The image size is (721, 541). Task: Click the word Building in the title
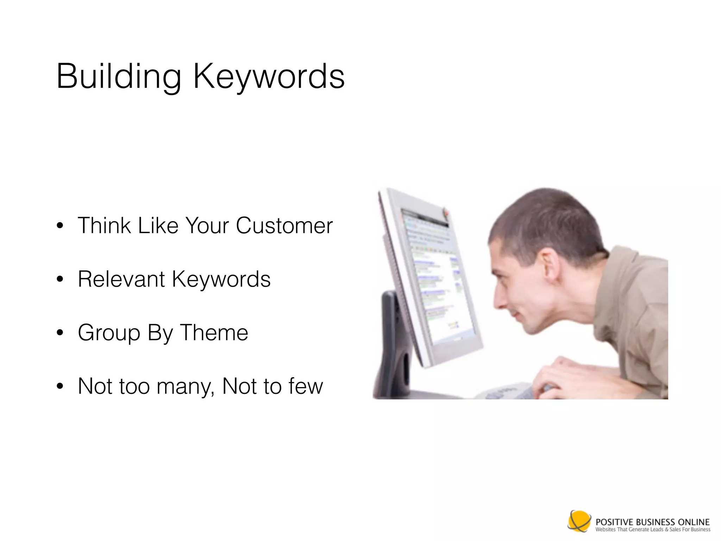point(118,76)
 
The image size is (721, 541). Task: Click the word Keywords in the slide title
point(269,76)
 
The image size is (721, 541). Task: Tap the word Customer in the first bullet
point(284,225)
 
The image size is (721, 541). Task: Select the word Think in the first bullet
point(104,225)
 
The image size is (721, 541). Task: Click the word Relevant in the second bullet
point(121,279)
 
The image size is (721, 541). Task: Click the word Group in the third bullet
point(109,333)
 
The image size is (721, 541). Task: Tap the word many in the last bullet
point(185,387)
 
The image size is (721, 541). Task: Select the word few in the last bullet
point(305,386)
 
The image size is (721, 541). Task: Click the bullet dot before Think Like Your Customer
point(60,226)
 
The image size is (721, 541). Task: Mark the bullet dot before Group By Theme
point(60,333)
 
